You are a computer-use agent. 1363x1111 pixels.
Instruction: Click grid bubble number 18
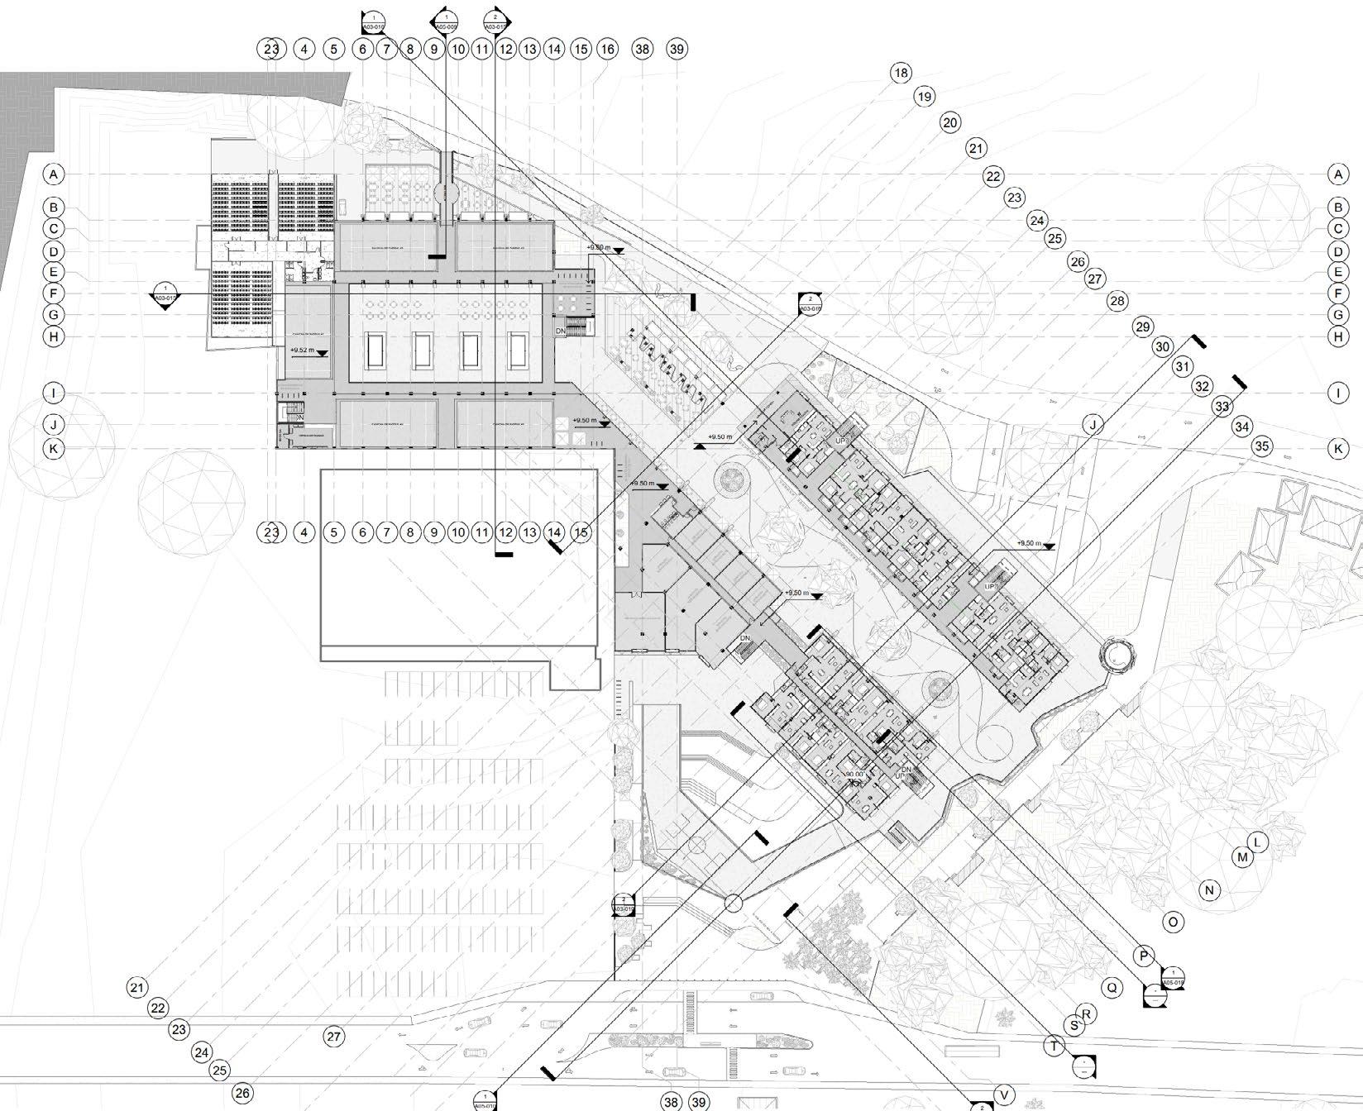[901, 73]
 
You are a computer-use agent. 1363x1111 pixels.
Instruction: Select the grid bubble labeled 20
[950, 123]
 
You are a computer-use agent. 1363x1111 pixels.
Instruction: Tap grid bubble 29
[1142, 327]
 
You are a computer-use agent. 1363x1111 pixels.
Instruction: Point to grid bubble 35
[1261, 446]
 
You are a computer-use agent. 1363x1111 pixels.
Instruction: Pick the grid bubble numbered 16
[608, 50]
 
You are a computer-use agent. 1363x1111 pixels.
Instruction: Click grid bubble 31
[1182, 366]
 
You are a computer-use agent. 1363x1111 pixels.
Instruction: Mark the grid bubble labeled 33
[1222, 407]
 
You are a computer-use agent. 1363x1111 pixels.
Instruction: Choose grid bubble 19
[924, 97]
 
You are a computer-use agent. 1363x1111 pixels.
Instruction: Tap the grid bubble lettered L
[1256, 842]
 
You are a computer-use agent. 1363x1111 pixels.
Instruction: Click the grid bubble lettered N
[1209, 890]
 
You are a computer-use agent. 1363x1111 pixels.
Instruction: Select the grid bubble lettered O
[1173, 922]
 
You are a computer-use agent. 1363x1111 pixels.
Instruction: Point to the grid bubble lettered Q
[1112, 987]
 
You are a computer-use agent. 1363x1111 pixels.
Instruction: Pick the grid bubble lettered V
[1004, 1095]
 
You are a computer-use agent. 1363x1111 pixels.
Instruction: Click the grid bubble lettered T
[1055, 1046]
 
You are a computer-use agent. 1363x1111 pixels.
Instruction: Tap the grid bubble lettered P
[1143, 956]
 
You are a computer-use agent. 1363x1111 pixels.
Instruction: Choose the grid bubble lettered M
[1242, 857]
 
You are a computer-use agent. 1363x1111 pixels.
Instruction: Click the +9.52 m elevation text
[303, 350]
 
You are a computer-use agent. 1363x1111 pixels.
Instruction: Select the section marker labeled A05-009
[447, 21]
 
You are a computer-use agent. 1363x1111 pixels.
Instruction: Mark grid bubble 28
[1117, 301]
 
